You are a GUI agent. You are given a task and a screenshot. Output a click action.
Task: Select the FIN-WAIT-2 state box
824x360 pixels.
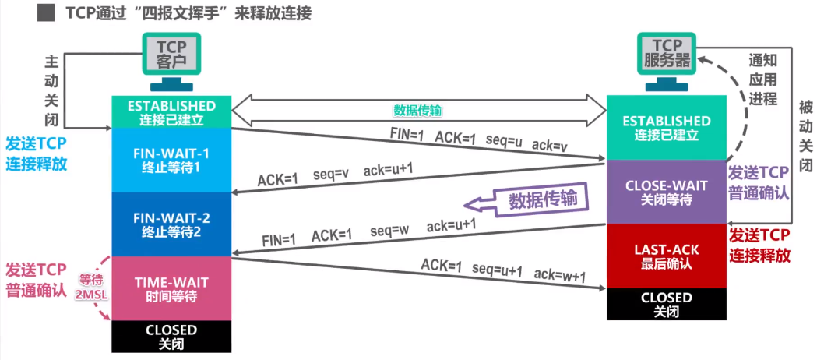pyautogui.click(x=171, y=223)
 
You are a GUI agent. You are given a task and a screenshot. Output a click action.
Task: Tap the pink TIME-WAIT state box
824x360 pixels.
pyautogui.click(x=171, y=288)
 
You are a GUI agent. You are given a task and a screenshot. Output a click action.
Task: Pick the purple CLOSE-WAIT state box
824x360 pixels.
pyautogui.click(x=667, y=192)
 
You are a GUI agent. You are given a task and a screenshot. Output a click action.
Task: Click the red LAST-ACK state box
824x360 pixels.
pyautogui.click(x=667, y=256)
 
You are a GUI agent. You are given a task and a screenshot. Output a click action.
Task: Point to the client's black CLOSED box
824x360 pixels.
pyautogui.click(x=171, y=337)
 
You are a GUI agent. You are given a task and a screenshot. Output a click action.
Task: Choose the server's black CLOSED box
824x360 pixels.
pyautogui.click(x=666, y=304)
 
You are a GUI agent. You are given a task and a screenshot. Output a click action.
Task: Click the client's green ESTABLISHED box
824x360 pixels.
pyautogui.click(x=171, y=111)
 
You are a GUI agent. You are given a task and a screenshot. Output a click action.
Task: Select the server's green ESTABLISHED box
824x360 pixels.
pyautogui.click(x=667, y=127)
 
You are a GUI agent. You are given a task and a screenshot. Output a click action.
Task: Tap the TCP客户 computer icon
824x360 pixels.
pyautogui.click(x=171, y=61)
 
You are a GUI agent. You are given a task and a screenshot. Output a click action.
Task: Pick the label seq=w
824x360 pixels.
pyautogui.click(x=389, y=231)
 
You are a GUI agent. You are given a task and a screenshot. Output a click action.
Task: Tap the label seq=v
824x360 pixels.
pyautogui.click(x=329, y=173)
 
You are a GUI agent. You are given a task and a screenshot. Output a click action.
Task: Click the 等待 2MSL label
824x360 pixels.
pyautogui.click(x=90, y=286)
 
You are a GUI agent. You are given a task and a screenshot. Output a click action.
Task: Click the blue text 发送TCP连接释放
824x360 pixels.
pyautogui.click(x=37, y=154)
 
